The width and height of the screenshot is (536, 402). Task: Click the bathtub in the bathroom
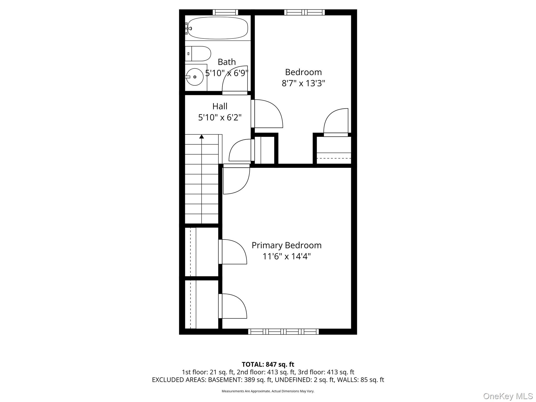[x=218, y=28]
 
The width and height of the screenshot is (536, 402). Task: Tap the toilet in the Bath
[x=198, y=54]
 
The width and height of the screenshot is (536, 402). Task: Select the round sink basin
[x=195, y=77]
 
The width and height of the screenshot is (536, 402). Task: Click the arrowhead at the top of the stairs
[x=202, y=136]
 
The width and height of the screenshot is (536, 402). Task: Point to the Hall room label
[x=220, y=106]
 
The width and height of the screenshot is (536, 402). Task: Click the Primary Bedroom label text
[x=287, y=245]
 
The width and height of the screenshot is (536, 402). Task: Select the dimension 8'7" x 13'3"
[x=303, y=83]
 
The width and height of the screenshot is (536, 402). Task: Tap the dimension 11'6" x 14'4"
[x=287, y=256]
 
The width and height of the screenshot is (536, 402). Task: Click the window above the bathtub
[x=225, y=12]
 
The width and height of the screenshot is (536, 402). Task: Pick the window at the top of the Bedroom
[x=304, y=12]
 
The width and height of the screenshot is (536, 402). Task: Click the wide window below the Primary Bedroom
[x=283, y=332]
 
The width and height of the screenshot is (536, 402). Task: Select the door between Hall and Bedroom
[x=267, y=114]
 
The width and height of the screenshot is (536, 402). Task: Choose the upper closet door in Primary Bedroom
[x=233, y=252]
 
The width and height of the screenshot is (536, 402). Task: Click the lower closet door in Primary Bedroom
[x=233, y=306]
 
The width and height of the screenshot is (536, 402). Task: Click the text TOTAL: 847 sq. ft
[x=268, y=364]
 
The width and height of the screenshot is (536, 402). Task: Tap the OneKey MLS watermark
[x=508, y=396]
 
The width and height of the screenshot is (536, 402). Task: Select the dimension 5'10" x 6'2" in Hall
[x=220, y=118]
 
